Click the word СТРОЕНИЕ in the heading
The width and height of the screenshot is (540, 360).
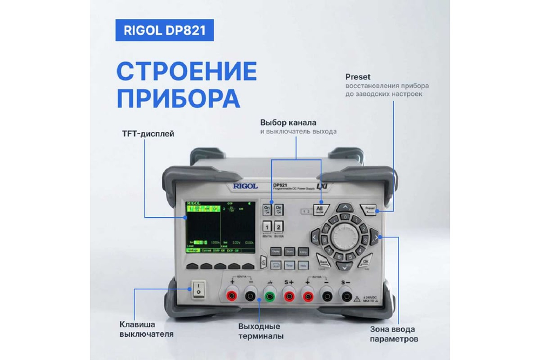click(179, 72)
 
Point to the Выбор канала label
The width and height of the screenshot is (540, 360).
click(288, 121)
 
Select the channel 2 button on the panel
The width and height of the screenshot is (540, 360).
click(279, 226)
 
